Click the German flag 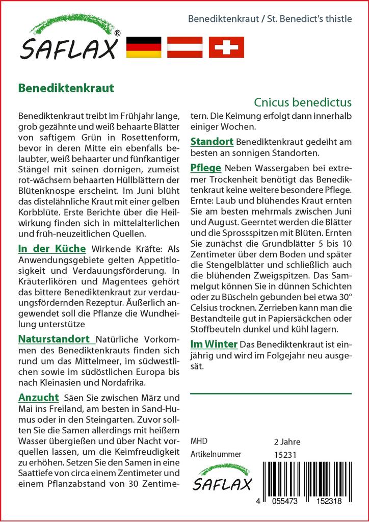coord(143,47)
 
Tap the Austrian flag coord(185,47)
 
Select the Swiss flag coord(226,47)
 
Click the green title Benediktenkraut coord(66,87)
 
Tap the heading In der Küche coord(52,249)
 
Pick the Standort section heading coord(212,141)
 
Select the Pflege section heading coord(205,168)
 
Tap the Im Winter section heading coord(214,344)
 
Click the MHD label coord(199,441)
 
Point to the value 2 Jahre coord(287,441)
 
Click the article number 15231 coord(285,455)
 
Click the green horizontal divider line coord(271,394)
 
